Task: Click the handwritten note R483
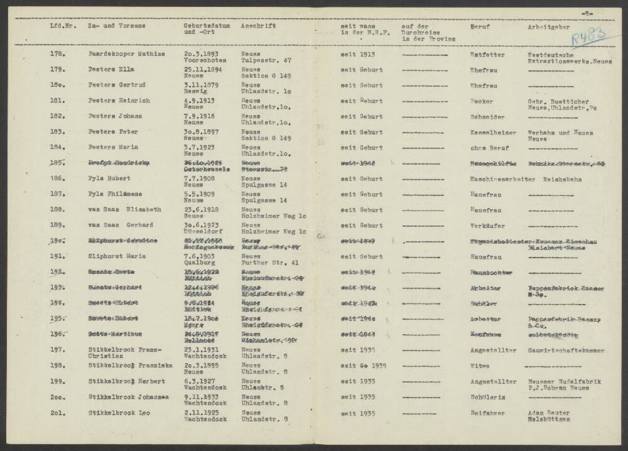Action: coord(588,37)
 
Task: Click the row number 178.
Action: coord(55,54)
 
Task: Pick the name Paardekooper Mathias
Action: coord(126,54)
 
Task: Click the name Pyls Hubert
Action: coord(110,179)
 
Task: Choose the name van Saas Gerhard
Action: coord(120,225)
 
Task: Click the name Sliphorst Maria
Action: coord(116,257)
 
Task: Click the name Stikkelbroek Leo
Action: coord(121,413)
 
